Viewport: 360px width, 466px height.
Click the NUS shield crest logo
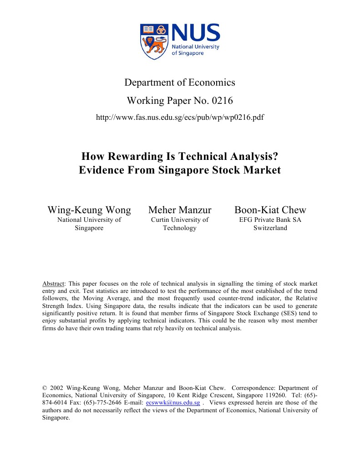pos(154,41)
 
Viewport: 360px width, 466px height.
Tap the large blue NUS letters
pos(196,33)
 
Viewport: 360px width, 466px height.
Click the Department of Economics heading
pos(180,82)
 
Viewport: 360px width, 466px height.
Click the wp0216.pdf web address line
pos(180,118)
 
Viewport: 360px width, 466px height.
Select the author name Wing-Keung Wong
pos(89,210)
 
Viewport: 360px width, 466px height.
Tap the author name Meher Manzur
pos(180,210)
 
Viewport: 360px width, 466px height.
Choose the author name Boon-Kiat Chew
pos(270,210)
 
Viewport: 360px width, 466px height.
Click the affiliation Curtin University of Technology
pos(180,224)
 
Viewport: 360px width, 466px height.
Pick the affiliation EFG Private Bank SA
pos(270,220)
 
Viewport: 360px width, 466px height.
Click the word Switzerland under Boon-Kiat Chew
pos(270,228)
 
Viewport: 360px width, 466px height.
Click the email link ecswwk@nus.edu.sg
pos(173,403)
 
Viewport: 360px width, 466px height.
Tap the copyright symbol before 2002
pos(44,388)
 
